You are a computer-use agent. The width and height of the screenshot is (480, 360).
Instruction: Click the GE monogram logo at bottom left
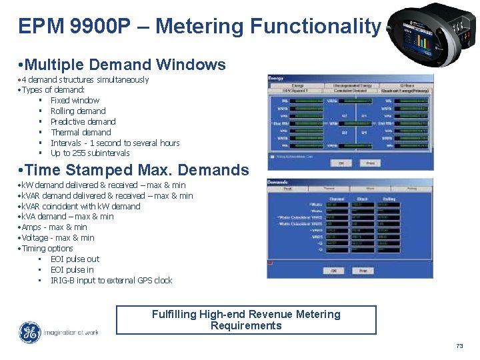coord(29,333)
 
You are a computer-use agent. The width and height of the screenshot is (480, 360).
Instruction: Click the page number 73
coord(459,346)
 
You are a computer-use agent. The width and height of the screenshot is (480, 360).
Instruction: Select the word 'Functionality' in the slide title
coord(315,27)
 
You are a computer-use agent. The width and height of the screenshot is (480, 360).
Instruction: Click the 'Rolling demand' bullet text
coord(78,111)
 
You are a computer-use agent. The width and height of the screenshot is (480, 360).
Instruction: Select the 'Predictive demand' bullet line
coord(83,122)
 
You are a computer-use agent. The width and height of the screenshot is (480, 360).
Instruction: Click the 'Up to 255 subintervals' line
coord(90,153)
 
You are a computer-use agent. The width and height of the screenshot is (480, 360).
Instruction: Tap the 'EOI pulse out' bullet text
coord(75,259)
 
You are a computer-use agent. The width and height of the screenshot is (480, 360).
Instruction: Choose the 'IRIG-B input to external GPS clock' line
coord(111,281)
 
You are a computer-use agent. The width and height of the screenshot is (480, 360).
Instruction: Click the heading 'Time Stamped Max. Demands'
coord(135,170)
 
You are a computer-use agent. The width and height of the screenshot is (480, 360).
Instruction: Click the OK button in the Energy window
coord(341,163)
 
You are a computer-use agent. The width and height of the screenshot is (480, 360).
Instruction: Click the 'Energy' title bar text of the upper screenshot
coord(276,78)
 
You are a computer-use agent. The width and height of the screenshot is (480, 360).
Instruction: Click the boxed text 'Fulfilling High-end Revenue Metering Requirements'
coord(246,320)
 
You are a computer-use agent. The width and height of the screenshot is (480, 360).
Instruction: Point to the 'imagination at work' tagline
coord(71,333)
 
